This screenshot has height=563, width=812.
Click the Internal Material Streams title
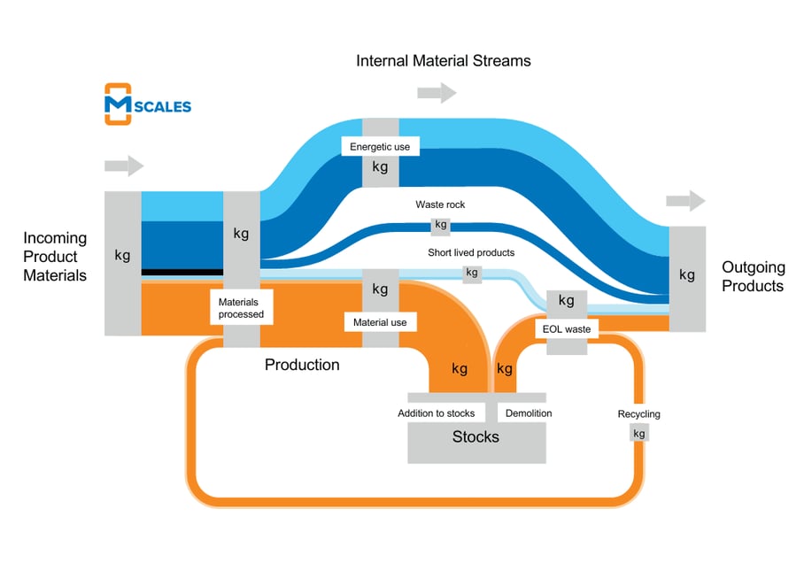tap(443, 61)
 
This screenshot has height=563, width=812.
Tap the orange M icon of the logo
tap(118, 104)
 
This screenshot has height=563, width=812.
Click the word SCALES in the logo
tap(162, 106)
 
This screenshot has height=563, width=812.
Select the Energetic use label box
tap(380, 146)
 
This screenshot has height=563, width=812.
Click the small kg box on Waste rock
tap(440, 225)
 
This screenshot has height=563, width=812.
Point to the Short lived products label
tap(470, 252)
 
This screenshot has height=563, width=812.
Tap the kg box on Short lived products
tap(472, 273)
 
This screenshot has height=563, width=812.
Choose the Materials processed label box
tap(241, 308)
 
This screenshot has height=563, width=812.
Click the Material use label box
tap(380, 322)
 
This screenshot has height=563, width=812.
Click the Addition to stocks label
tap(436, 413)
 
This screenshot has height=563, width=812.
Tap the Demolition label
tap(529, 413)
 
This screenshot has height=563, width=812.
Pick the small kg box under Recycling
tap(638, 433)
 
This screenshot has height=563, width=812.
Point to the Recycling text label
tap(638, 414)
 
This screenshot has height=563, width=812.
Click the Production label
tap(302, 365)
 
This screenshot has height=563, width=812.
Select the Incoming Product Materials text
tap(55, 257)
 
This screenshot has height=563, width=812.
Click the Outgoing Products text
tap(753, 276)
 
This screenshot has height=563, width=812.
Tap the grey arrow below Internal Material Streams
tap(437, 92)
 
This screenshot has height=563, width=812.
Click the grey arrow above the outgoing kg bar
tap(686, 201)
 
